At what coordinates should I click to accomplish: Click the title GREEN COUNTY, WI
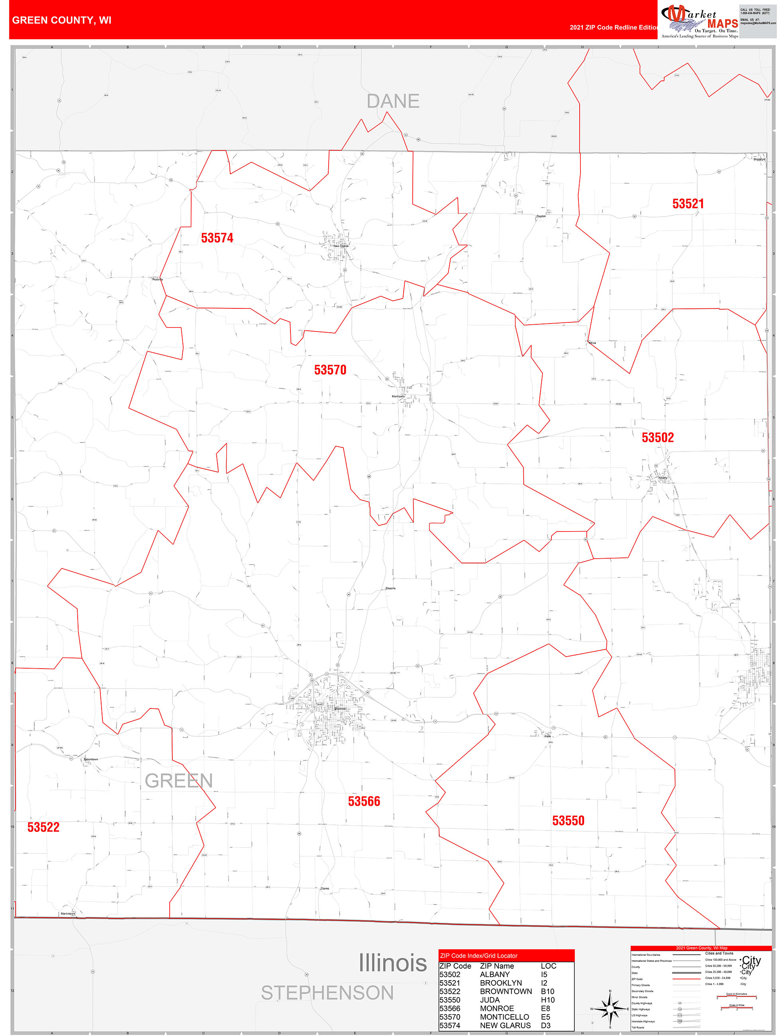(61, 20)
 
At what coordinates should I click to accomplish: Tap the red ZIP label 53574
(217, 238)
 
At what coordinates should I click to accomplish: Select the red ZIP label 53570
(330, 370)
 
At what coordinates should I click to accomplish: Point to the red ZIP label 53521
(688, 204)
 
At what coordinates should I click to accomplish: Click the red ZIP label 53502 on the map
(657, 438)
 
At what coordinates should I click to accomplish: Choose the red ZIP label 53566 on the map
(364, 801)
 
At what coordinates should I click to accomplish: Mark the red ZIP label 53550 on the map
(568, 820)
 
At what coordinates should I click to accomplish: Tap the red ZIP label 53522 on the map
(43, 827)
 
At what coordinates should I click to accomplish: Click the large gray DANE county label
(393, 101)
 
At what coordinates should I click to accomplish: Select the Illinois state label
(392, 963)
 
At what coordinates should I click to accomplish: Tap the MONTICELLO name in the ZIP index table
(504, 1017)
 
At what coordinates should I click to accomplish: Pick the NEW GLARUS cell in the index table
(505, 1025)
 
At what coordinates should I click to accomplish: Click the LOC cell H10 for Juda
(547, 1000)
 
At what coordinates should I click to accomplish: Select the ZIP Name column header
(496, 966)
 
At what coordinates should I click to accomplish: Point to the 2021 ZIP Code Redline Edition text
(613, 27)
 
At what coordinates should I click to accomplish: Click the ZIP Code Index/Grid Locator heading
(478, 956)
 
